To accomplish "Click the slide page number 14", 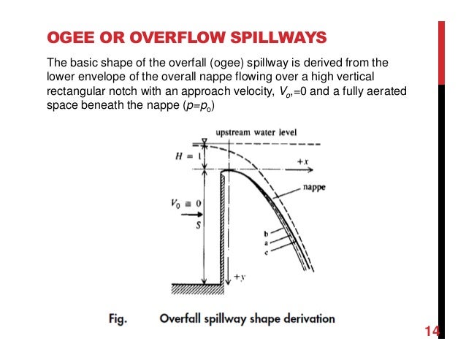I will [x=432, y=334].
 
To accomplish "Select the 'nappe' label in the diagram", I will [x=315, y=188].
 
